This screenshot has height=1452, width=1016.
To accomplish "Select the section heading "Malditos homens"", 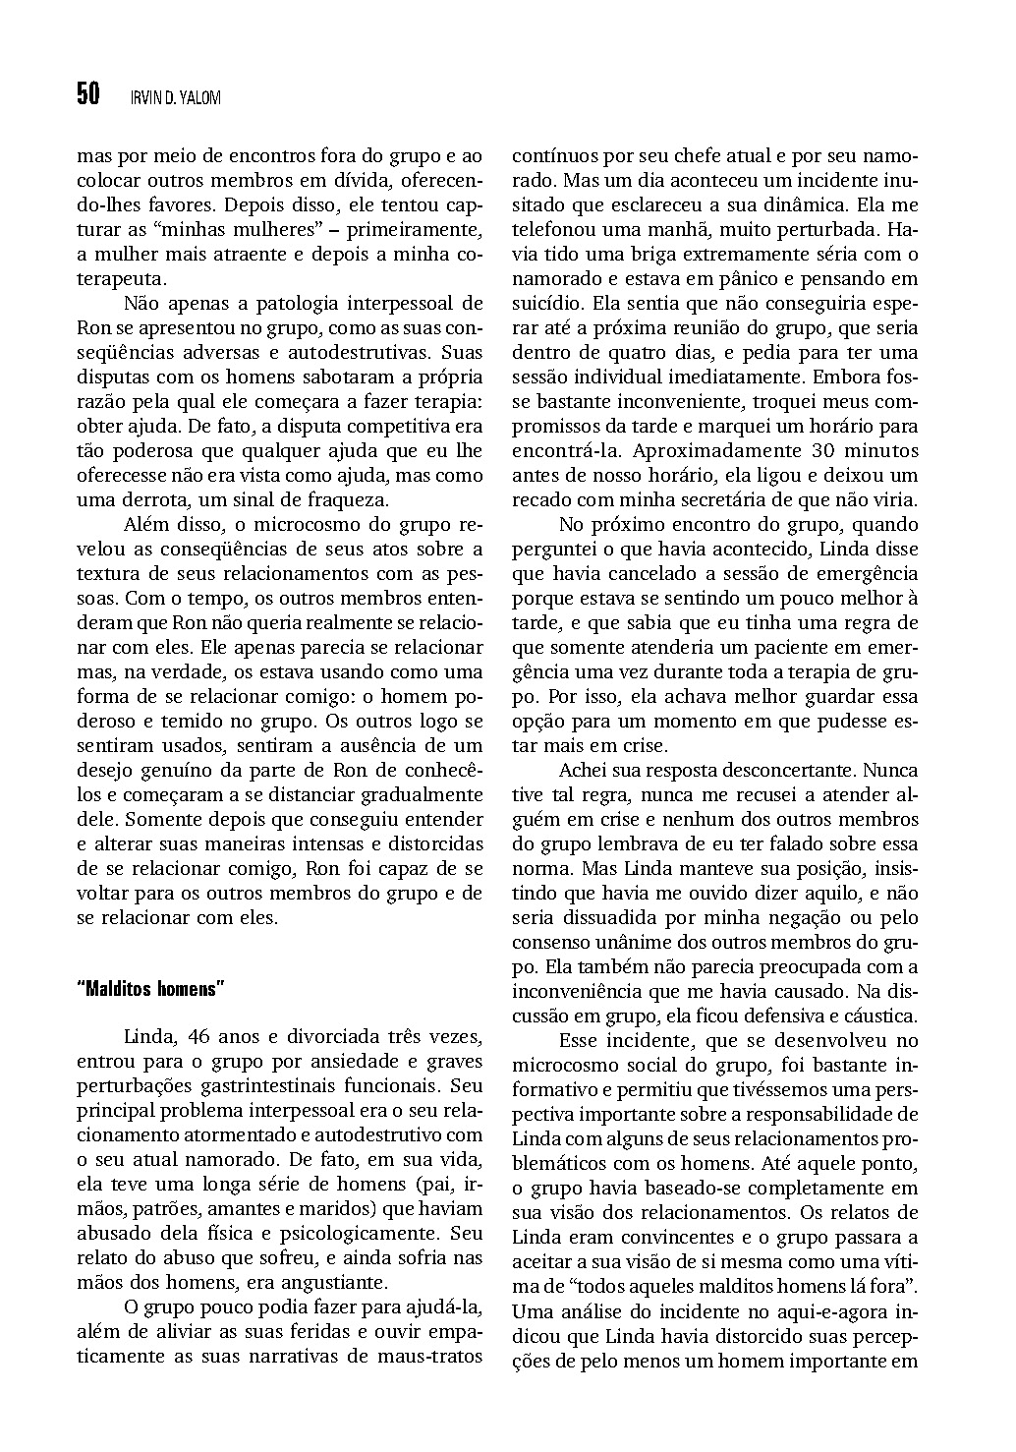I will (x=150, y=988).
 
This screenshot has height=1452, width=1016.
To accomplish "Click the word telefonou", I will (x=555, y=230).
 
